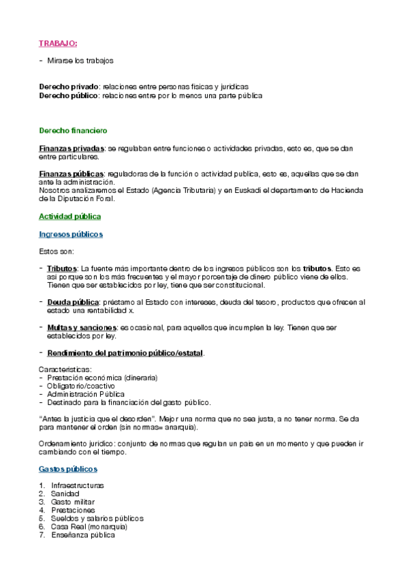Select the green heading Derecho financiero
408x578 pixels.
[x=73, y=130]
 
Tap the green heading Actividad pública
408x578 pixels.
[x=70, y=216]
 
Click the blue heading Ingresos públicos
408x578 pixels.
[x=71, y=234]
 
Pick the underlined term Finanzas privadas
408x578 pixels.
[x=72, y=148]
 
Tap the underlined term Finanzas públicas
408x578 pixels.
[x=72, y=174]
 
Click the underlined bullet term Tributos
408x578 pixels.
[x=62, y=269]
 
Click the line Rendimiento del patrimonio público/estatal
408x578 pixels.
[x=125, y=353]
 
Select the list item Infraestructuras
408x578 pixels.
[x=77, y=485]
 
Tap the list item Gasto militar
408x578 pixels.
[x=72, y=502]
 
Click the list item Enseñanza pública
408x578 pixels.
[x=82, y=535]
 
